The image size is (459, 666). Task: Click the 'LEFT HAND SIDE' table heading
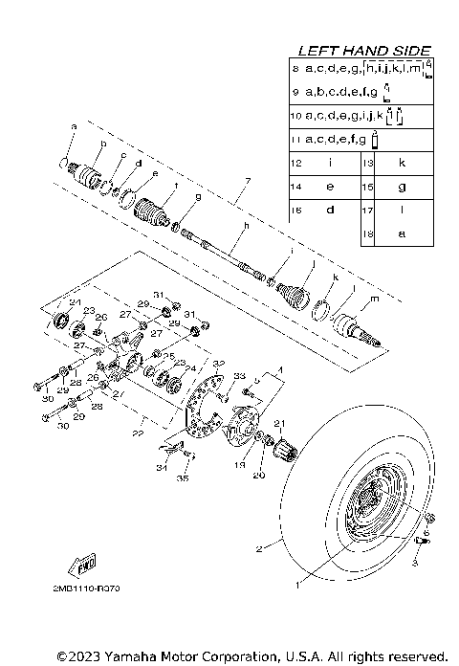pos(364,50)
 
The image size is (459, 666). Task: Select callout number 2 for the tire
pos(257,549)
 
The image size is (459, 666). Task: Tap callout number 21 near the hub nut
pos(280,424)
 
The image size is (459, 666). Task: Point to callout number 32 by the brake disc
pos(219,364)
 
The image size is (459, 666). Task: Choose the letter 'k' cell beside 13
pos(402,163)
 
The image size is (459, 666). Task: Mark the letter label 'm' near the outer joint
pos(374,299)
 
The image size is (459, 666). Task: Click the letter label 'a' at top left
pos(73,126)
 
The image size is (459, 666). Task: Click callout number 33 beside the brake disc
pos(240,376)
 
